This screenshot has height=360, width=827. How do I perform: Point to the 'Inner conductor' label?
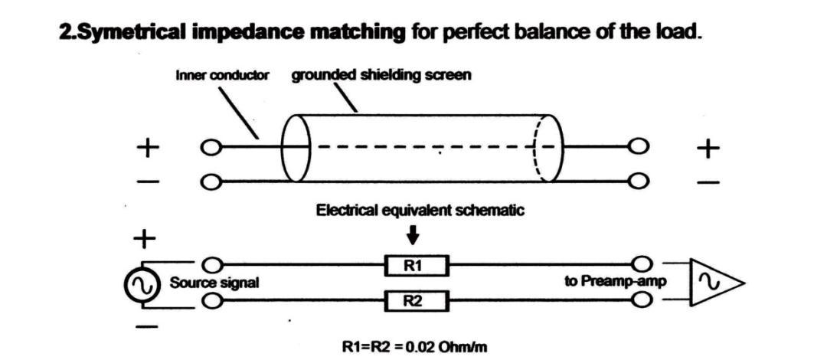pos(223,77)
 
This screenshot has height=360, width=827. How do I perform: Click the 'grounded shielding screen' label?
pos(381,77)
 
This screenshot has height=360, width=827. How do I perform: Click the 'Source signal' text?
pos(214,283)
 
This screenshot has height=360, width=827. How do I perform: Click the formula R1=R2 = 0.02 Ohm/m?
pos(414,347)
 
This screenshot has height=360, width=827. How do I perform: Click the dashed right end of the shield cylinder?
pos(547,148)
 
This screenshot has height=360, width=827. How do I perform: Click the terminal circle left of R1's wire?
pos(217,266)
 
